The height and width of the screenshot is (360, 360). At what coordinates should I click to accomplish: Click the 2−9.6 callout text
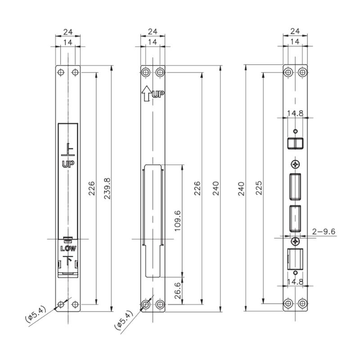(324, 231)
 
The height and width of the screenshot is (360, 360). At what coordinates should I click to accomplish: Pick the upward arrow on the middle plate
(146, 94)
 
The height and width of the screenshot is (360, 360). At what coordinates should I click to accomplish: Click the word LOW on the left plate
(68, 248)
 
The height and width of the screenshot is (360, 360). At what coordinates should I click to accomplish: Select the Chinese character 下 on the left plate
(68, 260)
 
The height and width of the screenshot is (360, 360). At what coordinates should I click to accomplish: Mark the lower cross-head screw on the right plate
(295, 242)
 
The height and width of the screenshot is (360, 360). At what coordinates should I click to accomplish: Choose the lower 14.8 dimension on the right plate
(295, 282)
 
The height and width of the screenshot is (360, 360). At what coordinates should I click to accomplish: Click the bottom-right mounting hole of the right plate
(303, 304)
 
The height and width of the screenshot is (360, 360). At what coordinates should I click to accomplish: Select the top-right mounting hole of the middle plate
(160, 72)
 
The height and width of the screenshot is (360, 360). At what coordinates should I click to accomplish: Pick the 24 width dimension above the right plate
(295, 31)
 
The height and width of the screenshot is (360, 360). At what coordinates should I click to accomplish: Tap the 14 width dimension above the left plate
(68, 41)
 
